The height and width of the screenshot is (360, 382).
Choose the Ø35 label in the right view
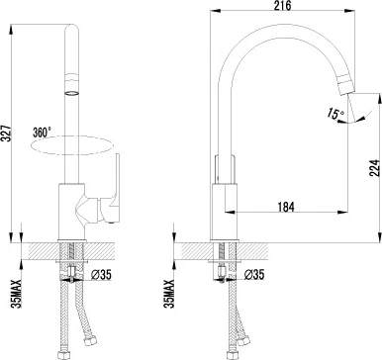click(255, 273)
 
